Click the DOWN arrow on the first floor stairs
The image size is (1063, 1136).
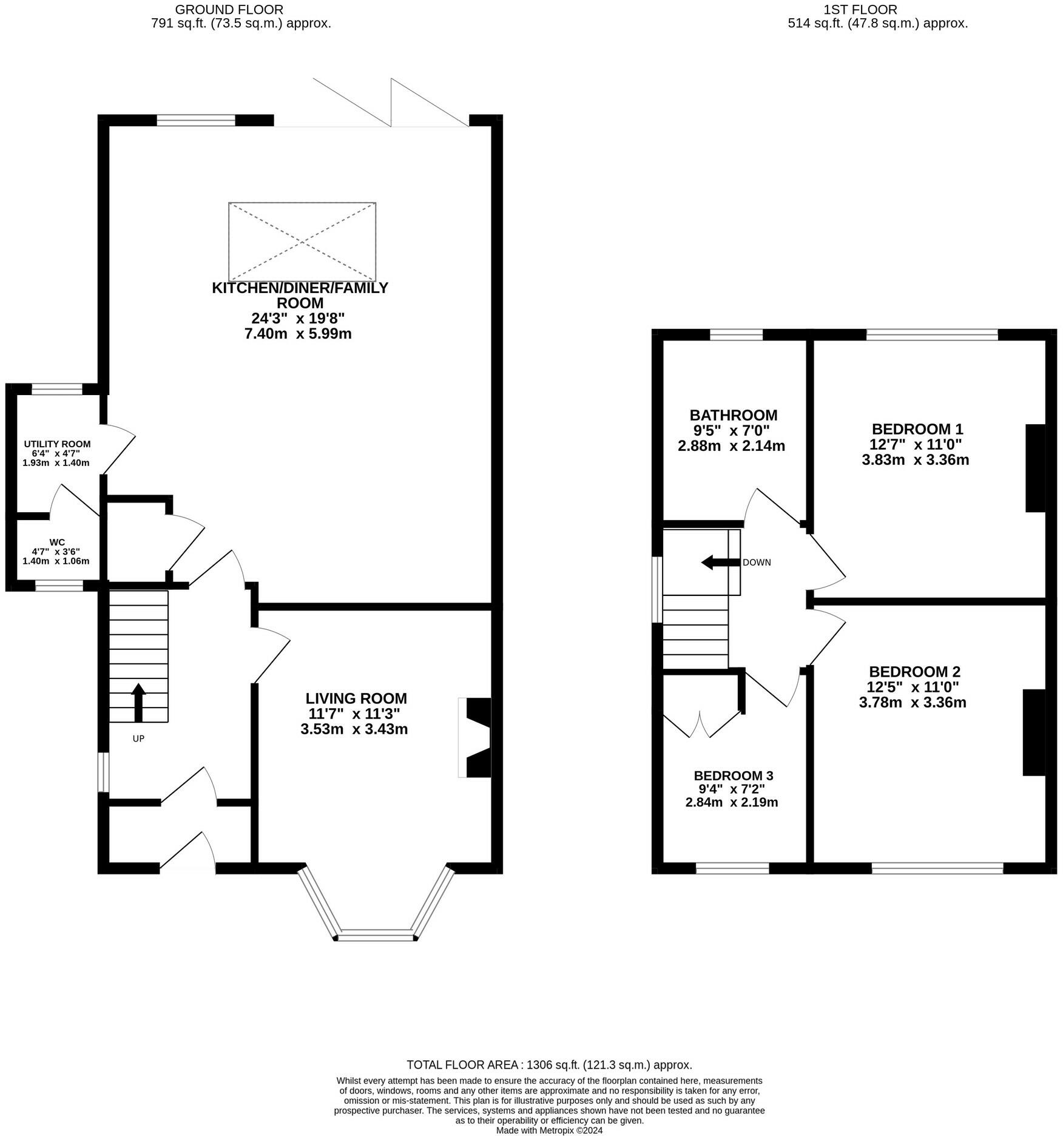tap(720, 563)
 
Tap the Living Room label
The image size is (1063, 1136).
tap(356, 698)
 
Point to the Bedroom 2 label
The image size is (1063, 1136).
tap(914, 672)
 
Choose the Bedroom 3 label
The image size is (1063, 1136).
tap(734, 776)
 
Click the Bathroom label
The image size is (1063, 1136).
tap(734, 415)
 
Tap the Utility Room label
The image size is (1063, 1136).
tap(57, 444)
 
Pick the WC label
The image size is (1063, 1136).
tap(58, 542)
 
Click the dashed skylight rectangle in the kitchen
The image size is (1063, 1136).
tap(302, 242)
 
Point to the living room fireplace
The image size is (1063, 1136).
tap(475, 737)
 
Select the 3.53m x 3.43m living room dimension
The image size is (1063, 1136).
tap(354, 729)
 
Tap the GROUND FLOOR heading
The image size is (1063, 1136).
tap(229, 10)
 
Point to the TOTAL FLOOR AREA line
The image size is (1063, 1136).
tap(549, 1064)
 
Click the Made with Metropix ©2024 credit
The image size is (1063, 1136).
tap(549, 1130)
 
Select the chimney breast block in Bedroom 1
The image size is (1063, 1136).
tap(1036, 468)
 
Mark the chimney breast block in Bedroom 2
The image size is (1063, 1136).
tap(1034, 732)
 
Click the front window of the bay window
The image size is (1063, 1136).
tap(376, 936)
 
